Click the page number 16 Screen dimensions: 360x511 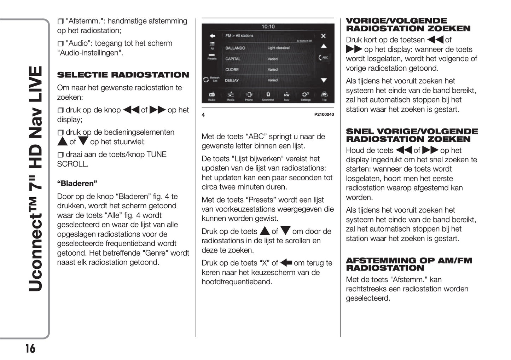pos(30,348)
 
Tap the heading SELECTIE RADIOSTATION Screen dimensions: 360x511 pos(123,75)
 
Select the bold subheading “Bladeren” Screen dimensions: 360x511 pos(77,184)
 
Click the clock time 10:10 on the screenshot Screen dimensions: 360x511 pos(268,27)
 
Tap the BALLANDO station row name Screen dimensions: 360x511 pos(235,48)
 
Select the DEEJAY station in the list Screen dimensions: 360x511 pos(232,81)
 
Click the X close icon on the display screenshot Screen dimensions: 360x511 pos(323,36)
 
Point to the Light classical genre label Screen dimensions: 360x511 pos(278,48)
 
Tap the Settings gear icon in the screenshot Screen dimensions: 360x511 pos(305,95)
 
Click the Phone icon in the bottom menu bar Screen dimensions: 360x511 pos(249,95)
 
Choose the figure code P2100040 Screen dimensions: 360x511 pos(324,115)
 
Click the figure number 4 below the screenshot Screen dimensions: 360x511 pos(203,115)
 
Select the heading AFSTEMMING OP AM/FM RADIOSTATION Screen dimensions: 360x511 pos(409,264)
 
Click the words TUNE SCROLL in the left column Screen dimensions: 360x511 pos(111,159)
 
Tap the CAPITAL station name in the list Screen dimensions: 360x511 pos(233,59)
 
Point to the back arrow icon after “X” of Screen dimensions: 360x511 pos(286,263)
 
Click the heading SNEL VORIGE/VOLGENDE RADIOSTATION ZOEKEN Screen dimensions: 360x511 pos(412,135)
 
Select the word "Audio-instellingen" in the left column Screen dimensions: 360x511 pos(90,53)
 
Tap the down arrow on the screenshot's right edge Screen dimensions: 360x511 pos(324,81)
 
